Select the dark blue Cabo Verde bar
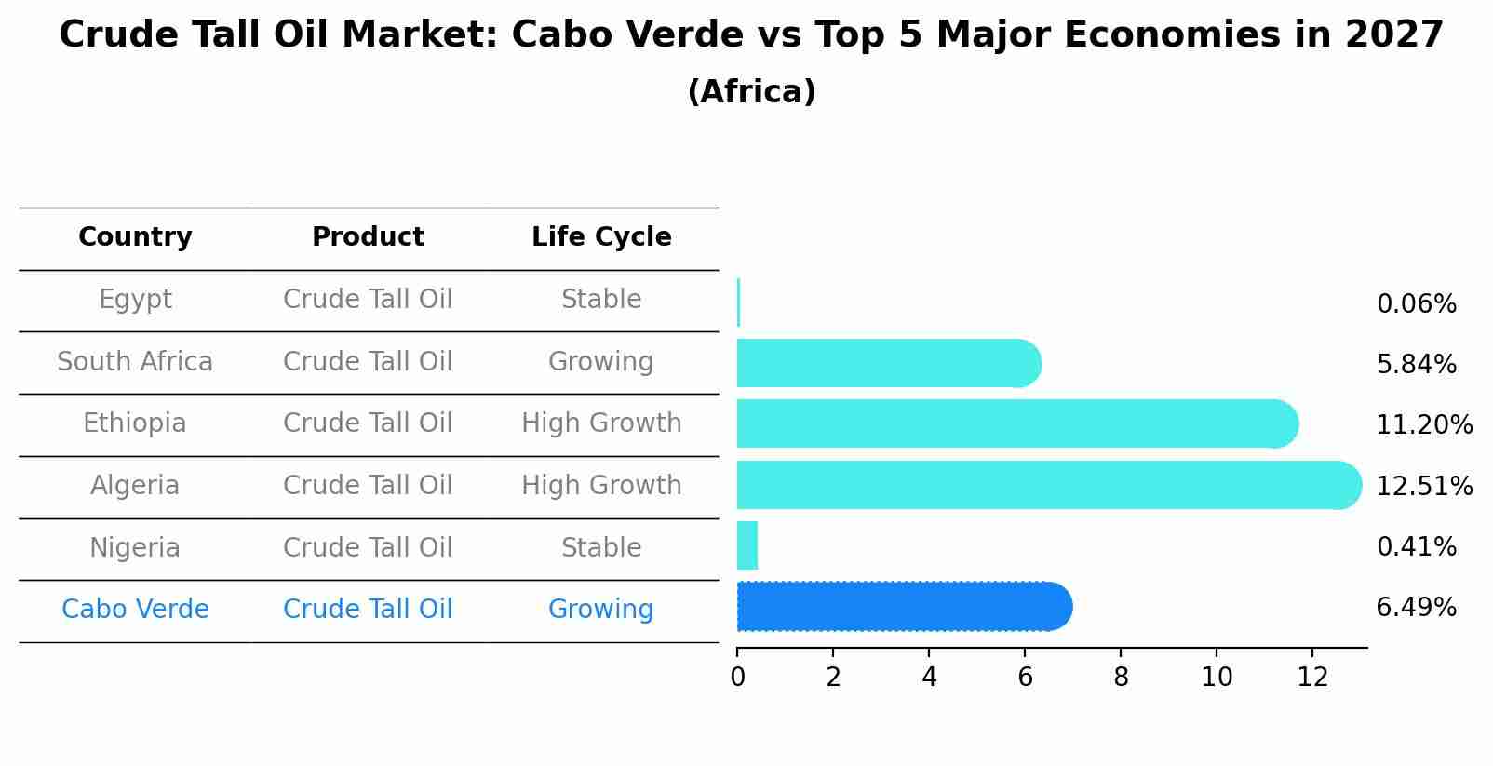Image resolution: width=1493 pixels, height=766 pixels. coord(903,607)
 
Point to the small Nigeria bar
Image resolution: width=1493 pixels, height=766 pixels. coord(747,545)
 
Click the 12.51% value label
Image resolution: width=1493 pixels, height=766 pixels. coord(1424,487)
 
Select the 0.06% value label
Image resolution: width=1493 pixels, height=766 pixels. coord(1416,304)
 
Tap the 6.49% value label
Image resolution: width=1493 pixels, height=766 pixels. coord(1416,608)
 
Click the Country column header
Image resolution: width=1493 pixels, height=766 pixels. coord(135,237)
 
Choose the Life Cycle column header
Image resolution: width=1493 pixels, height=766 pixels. coord(601,237)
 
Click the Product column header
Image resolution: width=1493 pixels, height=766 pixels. coord(368,237)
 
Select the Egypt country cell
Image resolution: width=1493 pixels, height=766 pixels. coord(135,300)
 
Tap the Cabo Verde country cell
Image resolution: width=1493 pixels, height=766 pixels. coord(135,610)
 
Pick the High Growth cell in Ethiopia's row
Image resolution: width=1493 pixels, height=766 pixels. coord(601,423)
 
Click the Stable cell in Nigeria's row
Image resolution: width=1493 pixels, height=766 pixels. coord(601,547)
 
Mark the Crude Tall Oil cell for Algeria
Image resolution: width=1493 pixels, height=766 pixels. coord(368,486)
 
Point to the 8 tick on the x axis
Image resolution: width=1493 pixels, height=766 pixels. coord(1121,677)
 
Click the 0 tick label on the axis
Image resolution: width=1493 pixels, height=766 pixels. coord(737,677)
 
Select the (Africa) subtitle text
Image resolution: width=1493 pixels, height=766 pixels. coord(751,92)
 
